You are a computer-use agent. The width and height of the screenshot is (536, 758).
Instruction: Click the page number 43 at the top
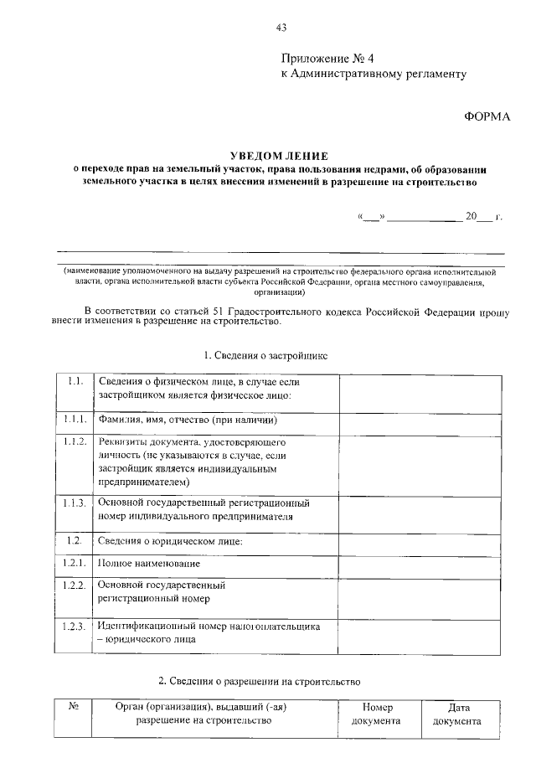click(281, 28)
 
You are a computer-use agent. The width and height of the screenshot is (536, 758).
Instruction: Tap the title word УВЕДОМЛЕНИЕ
click(281, 156)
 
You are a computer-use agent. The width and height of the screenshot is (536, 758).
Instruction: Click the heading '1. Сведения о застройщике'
click(265, 355)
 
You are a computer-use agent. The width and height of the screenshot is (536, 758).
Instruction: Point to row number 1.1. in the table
click(74, 382)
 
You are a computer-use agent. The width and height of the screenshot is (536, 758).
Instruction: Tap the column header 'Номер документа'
click(376, 714)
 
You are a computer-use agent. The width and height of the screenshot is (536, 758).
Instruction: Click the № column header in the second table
click(73, 707)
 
